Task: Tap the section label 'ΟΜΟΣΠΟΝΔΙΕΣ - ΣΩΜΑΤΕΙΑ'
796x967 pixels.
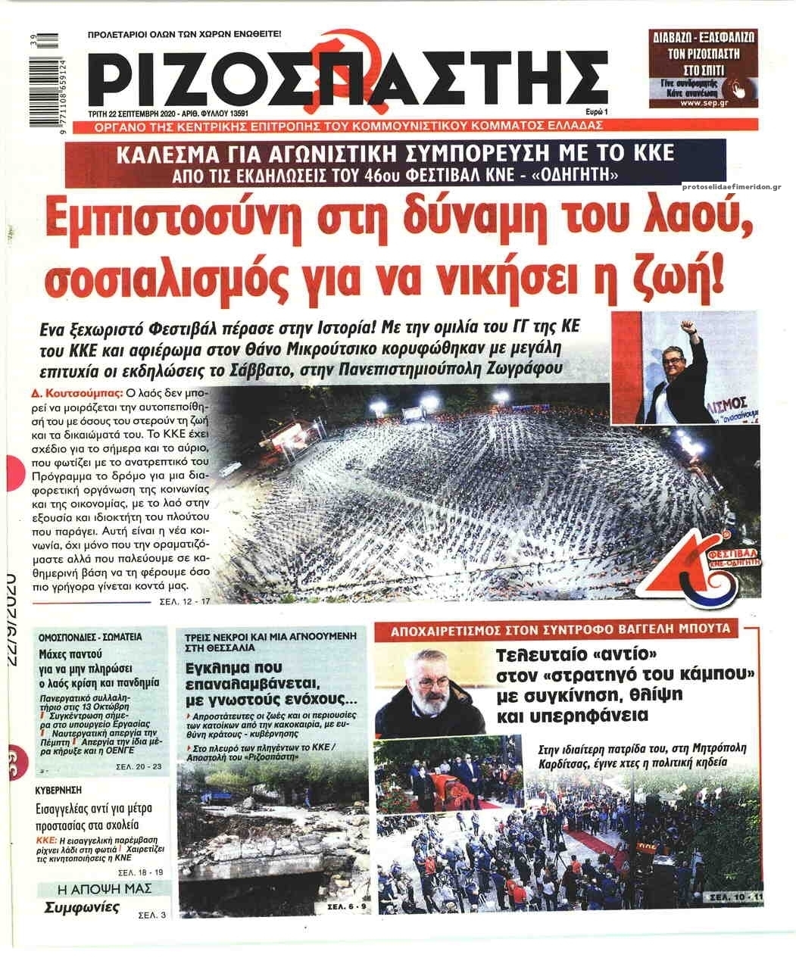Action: [x=91, y=636]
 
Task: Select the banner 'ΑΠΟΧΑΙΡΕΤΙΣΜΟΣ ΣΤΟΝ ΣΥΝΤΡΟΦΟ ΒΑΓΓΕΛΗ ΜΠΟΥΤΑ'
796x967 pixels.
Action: [x=556, y=629]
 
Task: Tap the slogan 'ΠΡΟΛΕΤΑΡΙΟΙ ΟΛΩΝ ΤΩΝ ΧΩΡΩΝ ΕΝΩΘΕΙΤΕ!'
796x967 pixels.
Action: [x=184, y=34]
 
